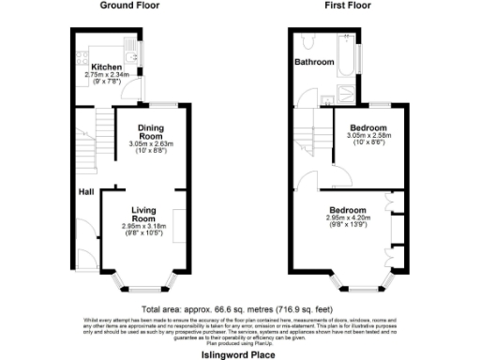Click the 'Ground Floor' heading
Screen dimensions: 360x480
[x=129, y=6]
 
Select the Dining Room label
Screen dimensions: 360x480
[x=151, y=132]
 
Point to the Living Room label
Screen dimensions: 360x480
[x=142, y=215]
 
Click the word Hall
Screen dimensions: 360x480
[x=84, y=192]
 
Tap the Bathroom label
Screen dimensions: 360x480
[x=314, y=62]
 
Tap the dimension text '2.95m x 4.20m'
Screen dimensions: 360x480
[x=348, y=217]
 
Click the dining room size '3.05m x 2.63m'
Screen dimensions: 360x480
[x=151, y=143]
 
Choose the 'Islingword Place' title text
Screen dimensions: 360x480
[x=239, y=355]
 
